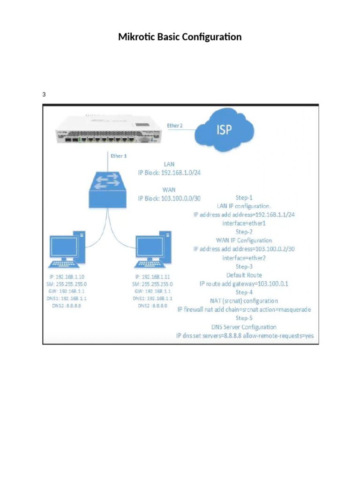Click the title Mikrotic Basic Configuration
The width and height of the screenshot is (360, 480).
(x=180, y=37)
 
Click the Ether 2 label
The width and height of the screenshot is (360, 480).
(x=175, y=126)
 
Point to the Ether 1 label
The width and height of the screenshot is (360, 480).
(x=118, y=156)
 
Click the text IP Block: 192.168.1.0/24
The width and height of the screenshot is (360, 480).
(x=169, y=173)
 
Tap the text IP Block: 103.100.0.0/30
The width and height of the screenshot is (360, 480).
(x=169, y=198)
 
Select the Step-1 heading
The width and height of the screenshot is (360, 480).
(x=244, y=197)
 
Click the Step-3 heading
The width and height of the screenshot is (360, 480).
(x=244, y=266)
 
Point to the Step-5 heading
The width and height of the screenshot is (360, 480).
(x=244, y=318)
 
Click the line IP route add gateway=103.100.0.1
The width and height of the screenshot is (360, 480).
(x=244, y=284)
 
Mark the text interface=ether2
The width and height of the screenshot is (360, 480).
(x=244, y=258)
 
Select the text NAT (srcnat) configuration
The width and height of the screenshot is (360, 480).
(x=244, y=301)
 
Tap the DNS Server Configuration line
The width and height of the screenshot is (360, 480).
(x=244, y=327)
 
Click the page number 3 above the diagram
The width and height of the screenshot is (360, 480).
(x=44, y=95)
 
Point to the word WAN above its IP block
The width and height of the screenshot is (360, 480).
(x=169, y=190)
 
